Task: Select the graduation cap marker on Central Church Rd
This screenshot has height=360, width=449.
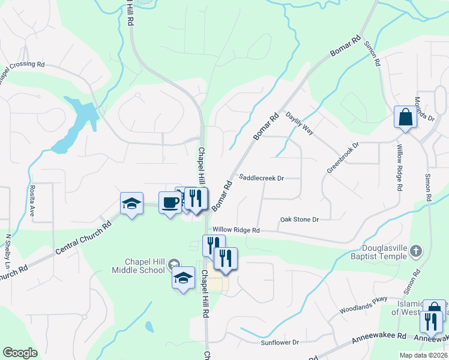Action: pyautogui.click(x=131, y=204)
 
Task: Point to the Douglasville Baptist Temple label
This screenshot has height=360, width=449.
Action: pyautogui.click(x=385, y=252)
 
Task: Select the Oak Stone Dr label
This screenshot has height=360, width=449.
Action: pyautogui.click(x=299, y=220)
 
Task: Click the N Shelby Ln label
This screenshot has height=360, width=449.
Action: pyautogui.click(x=8, y=251)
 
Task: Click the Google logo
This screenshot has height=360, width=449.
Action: pyautogui.click(x=20, y=353)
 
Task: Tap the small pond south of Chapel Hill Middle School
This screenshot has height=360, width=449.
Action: pyautogui.click(x=149, y=327)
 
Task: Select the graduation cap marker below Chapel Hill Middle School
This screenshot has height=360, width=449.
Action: pyautogui.click(x=184, y=278)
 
